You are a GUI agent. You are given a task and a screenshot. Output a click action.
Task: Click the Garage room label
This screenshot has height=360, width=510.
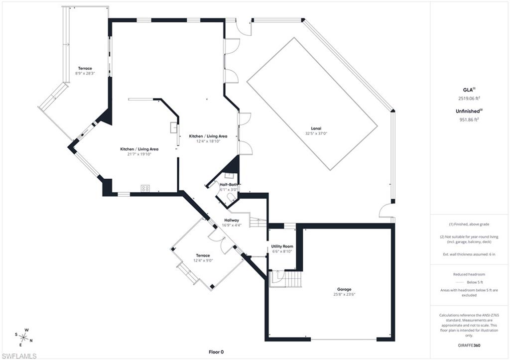[x=344, y=289]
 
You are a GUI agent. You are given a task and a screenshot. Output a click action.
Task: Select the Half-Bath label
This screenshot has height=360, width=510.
[x=229, y=185]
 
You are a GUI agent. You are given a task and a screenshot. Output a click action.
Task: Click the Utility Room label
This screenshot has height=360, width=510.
[x=282, y=246]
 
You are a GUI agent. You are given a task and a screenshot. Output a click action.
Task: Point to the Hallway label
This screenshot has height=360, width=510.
[x=232, y=220]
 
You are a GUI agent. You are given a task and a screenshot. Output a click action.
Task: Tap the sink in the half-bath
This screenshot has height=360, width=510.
[x=230, y=175]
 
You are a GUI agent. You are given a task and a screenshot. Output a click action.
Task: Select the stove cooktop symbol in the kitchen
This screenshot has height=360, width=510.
[x=145, y=188]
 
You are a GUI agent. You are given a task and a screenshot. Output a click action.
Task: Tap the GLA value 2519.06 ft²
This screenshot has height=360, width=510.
[x=469, y=99]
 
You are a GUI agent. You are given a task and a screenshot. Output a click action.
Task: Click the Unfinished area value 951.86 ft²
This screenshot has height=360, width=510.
[x=469, y=120]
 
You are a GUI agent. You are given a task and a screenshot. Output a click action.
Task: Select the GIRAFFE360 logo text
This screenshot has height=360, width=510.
[x=469, y=345]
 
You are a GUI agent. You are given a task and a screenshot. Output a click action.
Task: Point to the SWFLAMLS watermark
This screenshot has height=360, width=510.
[x=19, y=356]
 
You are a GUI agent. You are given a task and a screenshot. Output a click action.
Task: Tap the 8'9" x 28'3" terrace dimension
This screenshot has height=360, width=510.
[x=85, y=73]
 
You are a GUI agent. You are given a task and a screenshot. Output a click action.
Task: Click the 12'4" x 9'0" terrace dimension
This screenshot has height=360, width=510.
[x=203, y=260]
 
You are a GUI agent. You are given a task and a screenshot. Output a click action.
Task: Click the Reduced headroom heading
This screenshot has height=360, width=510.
[x=469, y=274]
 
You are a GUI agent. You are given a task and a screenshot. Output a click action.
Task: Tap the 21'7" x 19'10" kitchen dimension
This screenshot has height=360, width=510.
[x=139, y=154]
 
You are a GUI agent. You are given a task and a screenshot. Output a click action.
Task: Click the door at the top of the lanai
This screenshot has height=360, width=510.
[x=244, y=28]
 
